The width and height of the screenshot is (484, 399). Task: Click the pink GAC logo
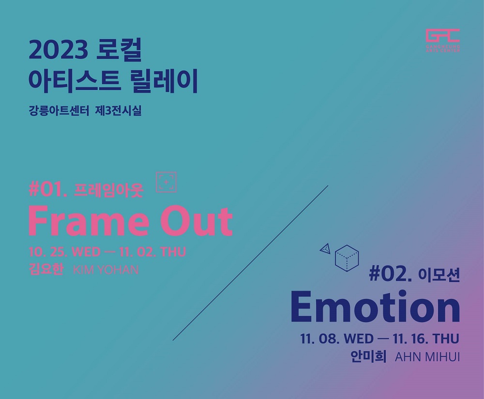tap(442, 38)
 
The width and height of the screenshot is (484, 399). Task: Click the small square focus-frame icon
tap(166, 182)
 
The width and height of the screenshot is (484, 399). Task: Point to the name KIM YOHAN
tap(106, 269)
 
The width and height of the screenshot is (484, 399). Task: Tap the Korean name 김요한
tap(46, 269)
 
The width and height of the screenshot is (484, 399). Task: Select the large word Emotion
tap(375, 308)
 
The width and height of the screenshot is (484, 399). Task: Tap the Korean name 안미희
tap(368, 357)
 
